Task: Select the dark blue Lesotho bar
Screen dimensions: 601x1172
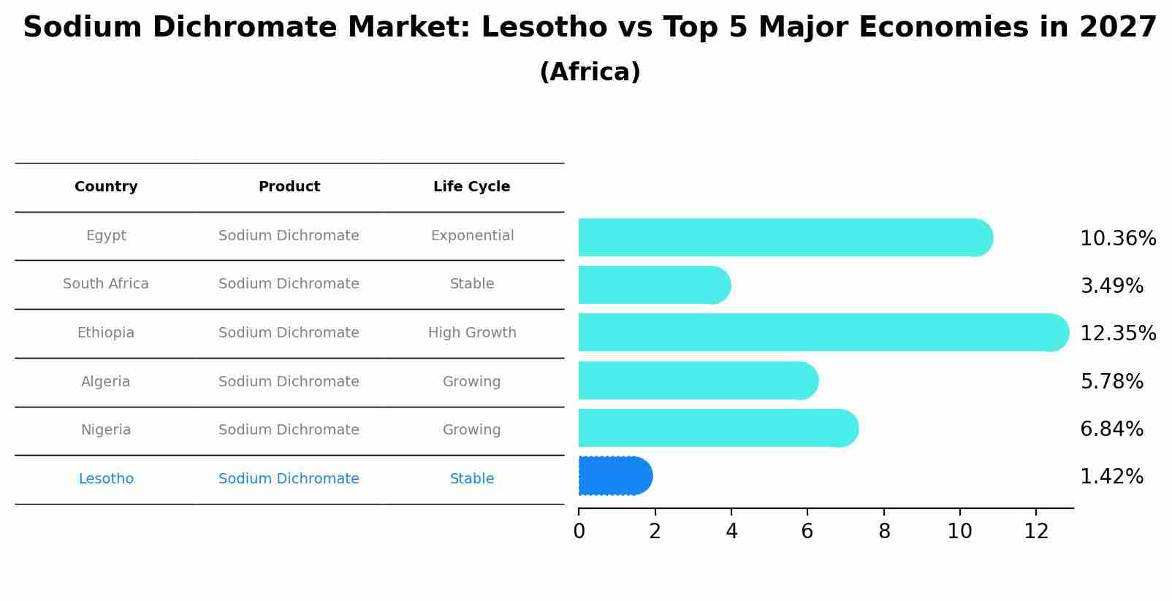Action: point(614,476)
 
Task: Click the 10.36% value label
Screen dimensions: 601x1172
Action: point(1117,239)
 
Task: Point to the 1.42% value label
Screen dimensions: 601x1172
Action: point(1111,477)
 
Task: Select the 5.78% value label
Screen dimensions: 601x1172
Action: point(1111,382)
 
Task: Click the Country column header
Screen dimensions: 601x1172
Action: point(106,187)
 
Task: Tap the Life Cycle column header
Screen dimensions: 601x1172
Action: point(471,187)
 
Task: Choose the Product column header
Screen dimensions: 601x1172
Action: point(289,187)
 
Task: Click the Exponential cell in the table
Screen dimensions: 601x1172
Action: point(472,236)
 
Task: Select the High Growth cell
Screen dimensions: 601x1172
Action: point(472,333)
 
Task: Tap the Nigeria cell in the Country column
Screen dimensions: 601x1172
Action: point(106,430)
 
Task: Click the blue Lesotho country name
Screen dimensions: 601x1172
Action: point(106,479)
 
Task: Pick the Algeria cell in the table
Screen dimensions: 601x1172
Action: point(106,382)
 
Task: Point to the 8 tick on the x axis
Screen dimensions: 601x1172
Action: point(884,532)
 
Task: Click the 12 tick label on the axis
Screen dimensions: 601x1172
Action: point(1036,532)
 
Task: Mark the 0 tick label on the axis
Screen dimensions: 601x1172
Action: point(579,532)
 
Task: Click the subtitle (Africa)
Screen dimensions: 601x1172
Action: point(590,72)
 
